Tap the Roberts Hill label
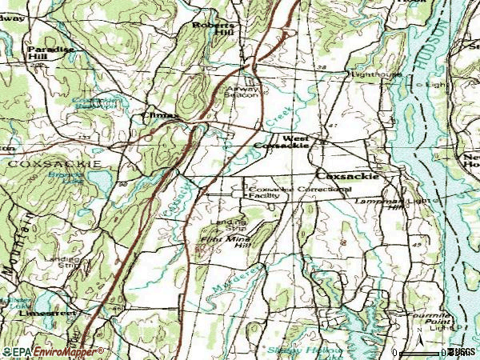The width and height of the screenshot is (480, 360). click(x=211, y=30)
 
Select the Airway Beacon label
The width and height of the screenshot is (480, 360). click(x=241, y=91)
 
